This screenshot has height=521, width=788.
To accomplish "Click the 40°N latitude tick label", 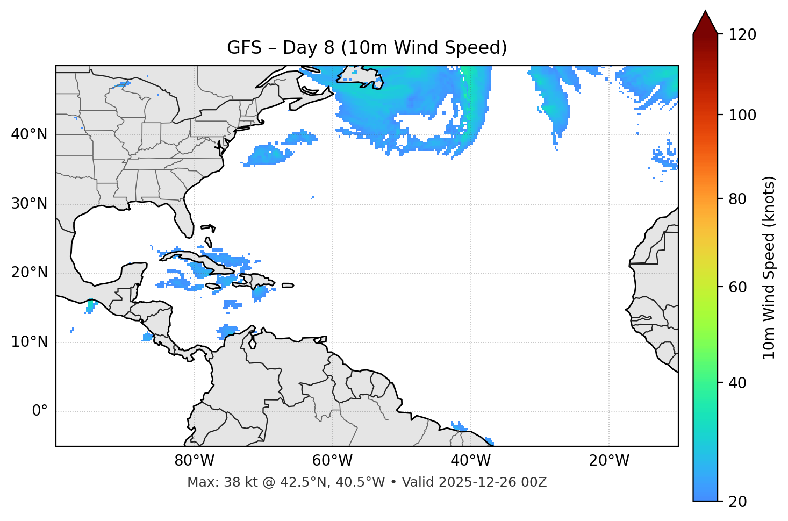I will tap(29, 134).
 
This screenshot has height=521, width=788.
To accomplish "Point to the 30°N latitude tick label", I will tap(29, 204).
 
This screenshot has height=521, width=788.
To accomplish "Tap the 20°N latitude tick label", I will tap(29, 273).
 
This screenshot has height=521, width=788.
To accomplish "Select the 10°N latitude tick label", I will tap(29, 342).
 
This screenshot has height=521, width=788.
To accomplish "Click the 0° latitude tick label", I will tap(40, 411).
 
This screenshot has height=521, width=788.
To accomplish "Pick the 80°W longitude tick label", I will tap(194, 461).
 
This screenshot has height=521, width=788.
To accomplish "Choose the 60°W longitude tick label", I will tap(332, 461).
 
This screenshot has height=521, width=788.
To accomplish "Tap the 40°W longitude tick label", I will tap(471, 461).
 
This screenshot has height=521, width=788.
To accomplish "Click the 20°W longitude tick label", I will tap(609, 461).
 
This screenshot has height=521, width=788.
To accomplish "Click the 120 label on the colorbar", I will tap(742, 34).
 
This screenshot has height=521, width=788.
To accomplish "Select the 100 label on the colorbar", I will tap(742, 115).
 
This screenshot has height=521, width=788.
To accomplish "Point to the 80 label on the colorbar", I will tap(738, 199).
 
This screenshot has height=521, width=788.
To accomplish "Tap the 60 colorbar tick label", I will tap(738, 287).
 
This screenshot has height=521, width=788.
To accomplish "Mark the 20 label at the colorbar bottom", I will tap(738, 502).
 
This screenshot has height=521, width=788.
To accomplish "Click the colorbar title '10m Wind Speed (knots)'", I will tap(769, 267).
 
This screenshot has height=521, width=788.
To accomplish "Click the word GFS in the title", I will tap(245, 48).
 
